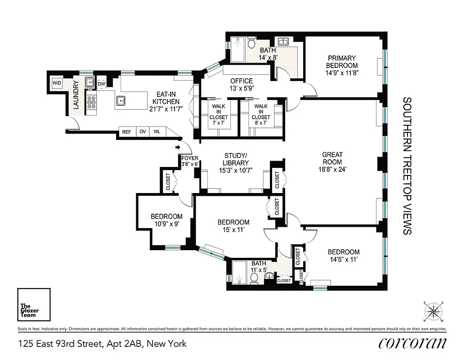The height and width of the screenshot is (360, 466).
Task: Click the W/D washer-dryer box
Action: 57,83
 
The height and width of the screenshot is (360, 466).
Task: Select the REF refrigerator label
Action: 126,132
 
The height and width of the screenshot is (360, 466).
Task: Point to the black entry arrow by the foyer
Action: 178,147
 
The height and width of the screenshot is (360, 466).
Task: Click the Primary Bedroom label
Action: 342,65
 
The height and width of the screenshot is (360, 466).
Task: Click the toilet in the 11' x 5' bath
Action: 254,279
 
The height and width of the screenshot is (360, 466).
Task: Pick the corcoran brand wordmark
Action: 412,343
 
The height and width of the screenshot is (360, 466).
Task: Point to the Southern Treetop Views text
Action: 407,166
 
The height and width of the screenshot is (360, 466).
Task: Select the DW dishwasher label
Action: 102,84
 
